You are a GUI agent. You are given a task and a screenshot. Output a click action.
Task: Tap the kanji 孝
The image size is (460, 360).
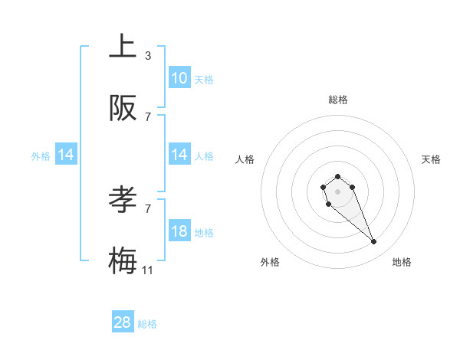pos(123,198)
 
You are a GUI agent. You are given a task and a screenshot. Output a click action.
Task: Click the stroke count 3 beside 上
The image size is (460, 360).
pos(148,55)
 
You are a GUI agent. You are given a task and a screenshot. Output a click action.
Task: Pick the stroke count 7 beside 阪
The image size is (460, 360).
pos(148,117)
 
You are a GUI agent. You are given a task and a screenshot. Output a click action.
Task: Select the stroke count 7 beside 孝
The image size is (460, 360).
pos(148,208)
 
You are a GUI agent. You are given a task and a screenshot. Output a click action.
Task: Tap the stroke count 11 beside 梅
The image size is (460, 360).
pos(148,270)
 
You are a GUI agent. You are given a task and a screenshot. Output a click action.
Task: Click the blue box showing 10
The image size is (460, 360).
pos(179,78)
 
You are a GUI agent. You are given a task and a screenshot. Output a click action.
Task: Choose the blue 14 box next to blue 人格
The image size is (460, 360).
pos(179,155)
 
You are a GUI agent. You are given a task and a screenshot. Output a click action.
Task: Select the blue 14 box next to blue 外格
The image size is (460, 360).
pos(66,155)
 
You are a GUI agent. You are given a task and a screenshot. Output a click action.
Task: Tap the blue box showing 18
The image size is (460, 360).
pos(179,231)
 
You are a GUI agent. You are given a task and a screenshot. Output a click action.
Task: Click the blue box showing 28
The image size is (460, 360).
pos(123,322)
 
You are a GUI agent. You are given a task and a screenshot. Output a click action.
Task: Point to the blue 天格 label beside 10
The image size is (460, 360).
pos(204,79)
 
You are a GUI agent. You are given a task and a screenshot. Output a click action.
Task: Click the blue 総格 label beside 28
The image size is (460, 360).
pos(147,324)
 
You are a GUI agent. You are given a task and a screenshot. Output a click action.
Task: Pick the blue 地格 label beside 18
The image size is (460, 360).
pos(204,232)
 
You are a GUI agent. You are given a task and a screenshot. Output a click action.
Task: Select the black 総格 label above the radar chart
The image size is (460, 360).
pos(338,100)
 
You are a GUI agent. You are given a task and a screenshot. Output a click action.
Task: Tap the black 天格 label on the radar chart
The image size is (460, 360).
pos(431,159)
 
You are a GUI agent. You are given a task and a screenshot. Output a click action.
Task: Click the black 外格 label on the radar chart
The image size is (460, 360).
pos(270,262)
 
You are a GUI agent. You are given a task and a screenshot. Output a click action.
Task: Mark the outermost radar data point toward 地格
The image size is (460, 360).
pos(374,242)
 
